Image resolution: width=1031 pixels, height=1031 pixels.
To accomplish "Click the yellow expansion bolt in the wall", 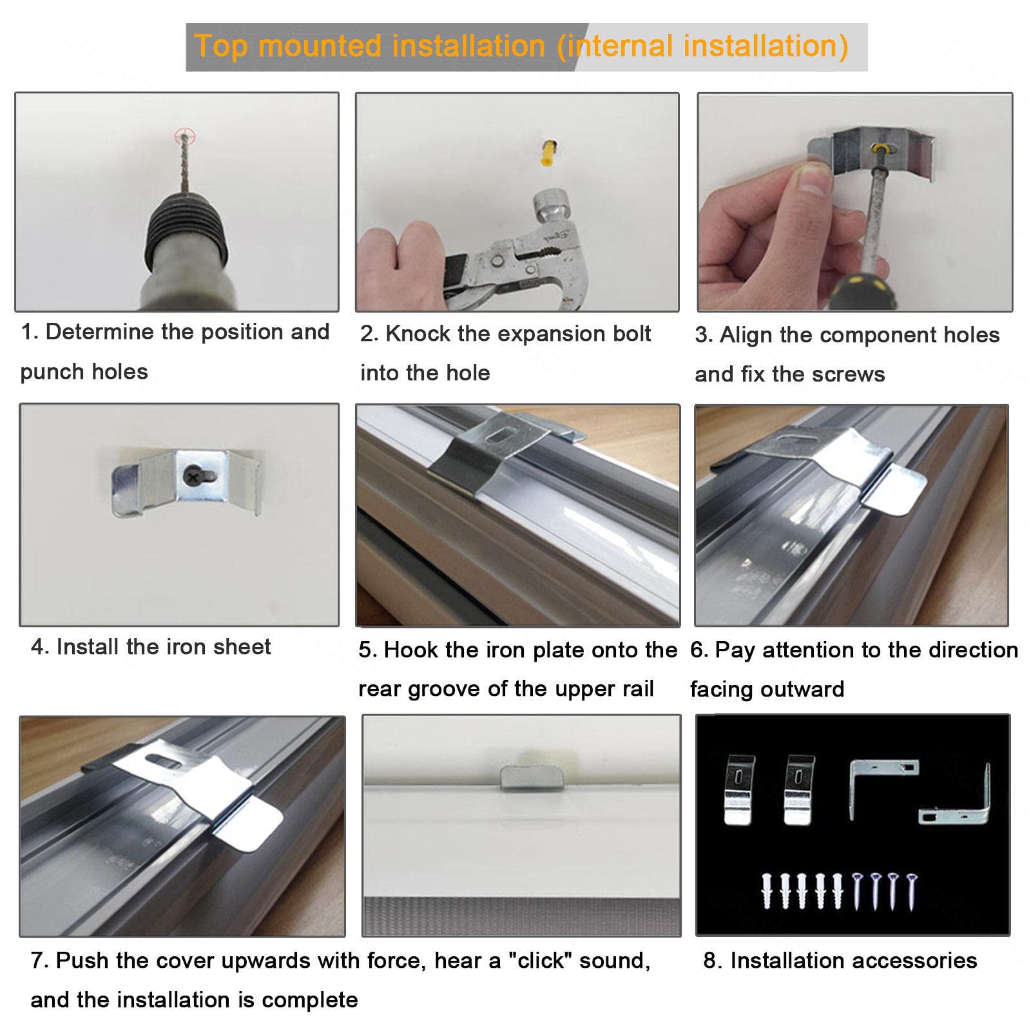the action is pyautogui.click(x=548, y=153).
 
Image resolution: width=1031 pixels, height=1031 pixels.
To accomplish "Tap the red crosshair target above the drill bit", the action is pyautogui.click(x=184, y=136).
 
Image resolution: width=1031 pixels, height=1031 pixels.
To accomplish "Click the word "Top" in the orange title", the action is pyautogui.click(x=224, y=46).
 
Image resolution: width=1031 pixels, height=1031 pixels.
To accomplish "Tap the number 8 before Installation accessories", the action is pyautogui.click(x=710, y=961).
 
